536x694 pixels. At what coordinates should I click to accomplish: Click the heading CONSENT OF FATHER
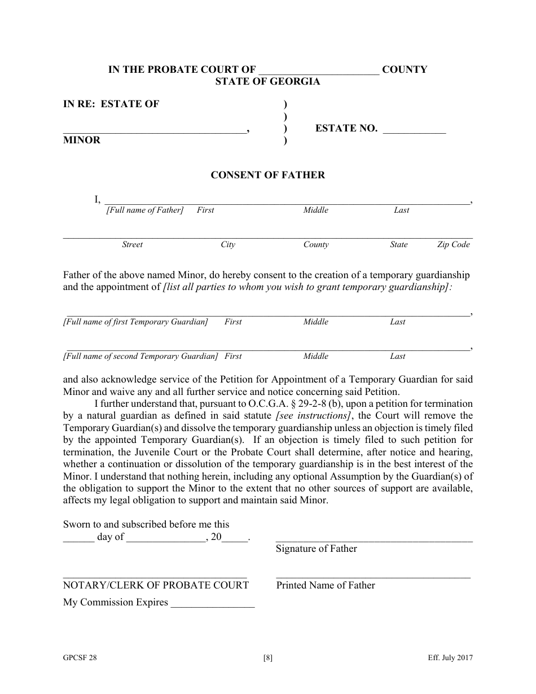[267, 175]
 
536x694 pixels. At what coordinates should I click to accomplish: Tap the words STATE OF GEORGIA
[267, 81]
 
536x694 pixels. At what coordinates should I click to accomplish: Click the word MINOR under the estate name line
[82, 140]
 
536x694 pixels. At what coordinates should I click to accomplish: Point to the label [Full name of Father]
[145, 210]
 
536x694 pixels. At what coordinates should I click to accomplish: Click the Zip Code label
[453, 244]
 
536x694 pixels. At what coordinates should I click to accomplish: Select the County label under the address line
[316, 244]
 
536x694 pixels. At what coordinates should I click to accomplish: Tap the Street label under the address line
[132, 244]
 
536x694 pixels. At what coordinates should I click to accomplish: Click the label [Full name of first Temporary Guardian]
[135, 322]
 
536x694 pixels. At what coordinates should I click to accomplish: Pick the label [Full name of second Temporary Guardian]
[140, 356]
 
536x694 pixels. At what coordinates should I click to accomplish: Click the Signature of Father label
[316, 548]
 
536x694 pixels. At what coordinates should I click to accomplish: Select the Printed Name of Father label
[325, 585]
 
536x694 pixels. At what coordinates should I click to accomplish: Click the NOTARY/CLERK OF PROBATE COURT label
[156, 585]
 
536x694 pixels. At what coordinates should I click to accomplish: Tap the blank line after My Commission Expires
[212, 604]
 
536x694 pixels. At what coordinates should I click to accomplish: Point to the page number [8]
[267, 657]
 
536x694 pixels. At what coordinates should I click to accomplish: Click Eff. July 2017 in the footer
[450, 657]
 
